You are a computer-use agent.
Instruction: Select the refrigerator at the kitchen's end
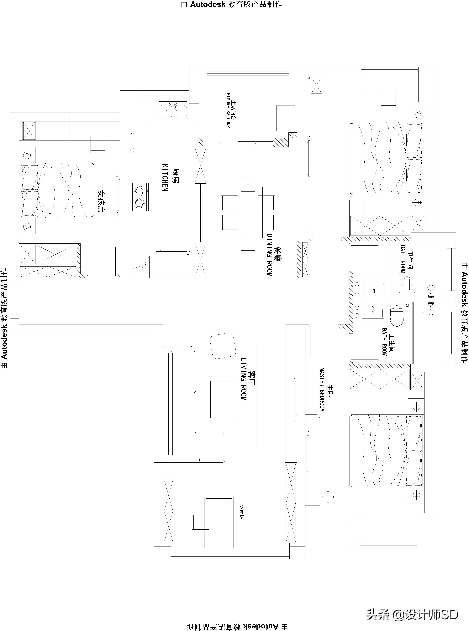tap(173, 261)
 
